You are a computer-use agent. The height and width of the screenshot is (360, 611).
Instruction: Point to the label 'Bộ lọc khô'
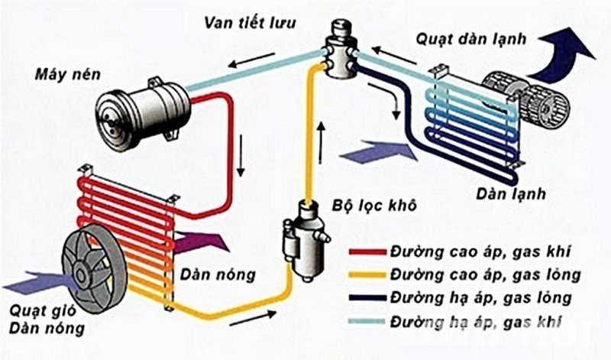point(364,206)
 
